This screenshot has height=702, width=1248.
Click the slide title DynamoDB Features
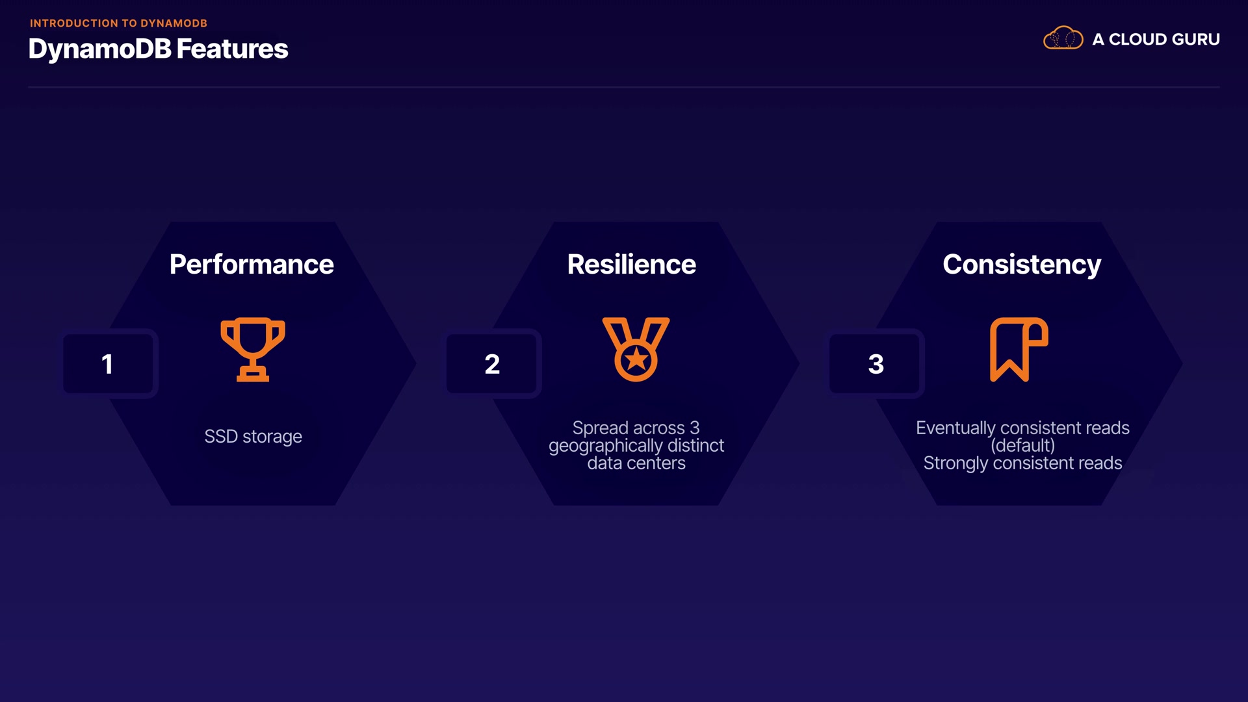(x=158, y=49)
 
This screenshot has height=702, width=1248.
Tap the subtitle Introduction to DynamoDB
(x=118, y=23)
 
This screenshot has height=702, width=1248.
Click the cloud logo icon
(x=1063, y=38)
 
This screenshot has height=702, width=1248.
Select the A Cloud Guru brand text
(x=1156, y=40)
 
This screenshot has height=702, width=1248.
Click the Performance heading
(x=252, y=265)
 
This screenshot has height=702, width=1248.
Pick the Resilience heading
(x=631, y=265)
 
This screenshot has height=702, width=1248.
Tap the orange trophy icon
(x=253, y=349)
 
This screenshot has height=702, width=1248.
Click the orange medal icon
(x=636, y=349)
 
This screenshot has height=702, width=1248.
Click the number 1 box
(x=108, y=363)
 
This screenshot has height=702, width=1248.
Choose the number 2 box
(x=491, y=363)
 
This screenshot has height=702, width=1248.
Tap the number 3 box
(x=875, y=363)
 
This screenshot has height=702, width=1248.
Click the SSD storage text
(x=253, y=436)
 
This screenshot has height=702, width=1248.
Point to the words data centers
(x=636, y=463)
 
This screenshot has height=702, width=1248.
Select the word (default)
(x=1022, y=445)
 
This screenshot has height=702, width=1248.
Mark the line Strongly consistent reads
(x=1022, y=463)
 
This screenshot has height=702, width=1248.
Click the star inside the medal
(x=636, y=359)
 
